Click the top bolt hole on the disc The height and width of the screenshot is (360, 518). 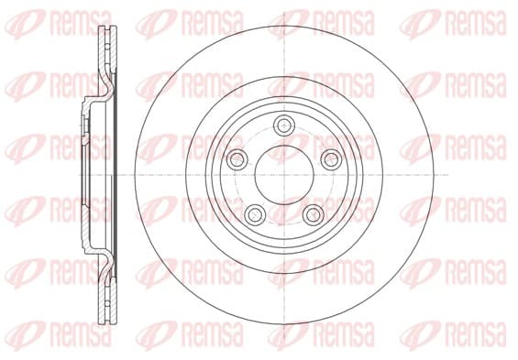coord(284,125)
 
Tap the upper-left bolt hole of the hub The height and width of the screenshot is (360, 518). coord(237,159)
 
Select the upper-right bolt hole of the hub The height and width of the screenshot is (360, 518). coord(331,159)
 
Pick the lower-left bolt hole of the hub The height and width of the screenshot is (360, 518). coord(255,214)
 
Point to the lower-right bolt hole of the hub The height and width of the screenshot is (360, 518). coord(314,214)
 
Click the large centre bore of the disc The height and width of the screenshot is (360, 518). coord(284,175)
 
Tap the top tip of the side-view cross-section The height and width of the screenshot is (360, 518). coord(108,27)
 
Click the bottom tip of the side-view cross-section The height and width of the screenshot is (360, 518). coord(108,323)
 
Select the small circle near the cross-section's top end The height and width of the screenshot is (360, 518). coord(107,46)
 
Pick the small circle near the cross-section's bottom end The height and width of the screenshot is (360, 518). coord(107,304)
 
